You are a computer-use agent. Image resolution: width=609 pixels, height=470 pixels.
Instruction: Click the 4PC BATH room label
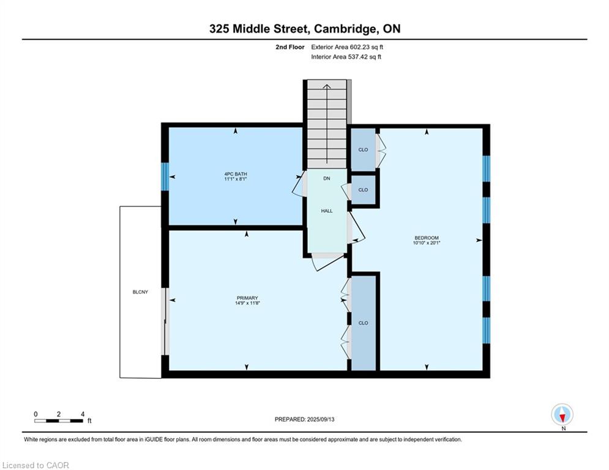236,174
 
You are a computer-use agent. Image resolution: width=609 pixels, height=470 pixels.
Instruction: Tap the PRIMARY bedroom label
247,298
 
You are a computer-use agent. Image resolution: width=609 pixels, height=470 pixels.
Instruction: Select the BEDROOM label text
427,237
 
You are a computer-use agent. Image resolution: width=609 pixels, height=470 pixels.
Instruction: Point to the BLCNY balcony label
140,292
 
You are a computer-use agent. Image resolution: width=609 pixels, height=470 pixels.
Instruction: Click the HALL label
327,211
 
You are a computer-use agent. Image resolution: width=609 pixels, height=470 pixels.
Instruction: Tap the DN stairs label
327,178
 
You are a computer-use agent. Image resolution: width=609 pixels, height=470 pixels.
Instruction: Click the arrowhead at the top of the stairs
327,87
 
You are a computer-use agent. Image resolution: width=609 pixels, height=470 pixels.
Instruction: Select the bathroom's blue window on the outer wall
165,176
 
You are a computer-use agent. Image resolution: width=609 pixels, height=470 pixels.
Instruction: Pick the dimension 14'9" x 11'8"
247,303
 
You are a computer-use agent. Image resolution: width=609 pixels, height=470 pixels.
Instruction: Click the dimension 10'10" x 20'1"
427,243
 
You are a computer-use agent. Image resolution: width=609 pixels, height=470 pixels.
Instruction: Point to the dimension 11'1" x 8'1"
236,179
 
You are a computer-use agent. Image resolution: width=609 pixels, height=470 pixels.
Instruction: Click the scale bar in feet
59,420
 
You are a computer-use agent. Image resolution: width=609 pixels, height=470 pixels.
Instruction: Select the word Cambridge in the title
345,29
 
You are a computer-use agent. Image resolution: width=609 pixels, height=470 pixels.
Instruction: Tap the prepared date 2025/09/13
321,419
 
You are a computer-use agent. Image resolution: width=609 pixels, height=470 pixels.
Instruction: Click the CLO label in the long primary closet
363,323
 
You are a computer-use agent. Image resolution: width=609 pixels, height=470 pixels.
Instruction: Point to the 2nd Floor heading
290,47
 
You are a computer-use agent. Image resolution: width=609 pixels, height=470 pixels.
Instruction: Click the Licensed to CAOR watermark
35,465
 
